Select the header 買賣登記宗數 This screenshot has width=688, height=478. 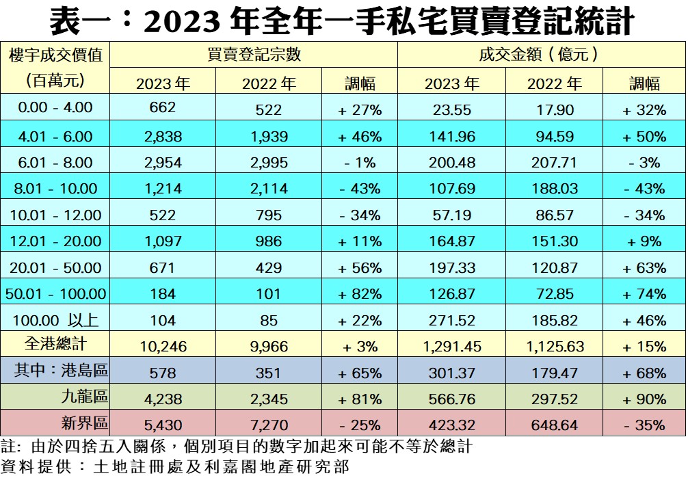pos(254,55)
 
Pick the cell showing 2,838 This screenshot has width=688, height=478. pos(162,136)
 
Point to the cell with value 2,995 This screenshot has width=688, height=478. pos(269,163)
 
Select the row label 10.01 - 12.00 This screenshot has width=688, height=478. pos(55,215)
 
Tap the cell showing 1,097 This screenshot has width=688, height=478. pos(162,241)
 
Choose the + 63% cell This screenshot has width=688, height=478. pos(644,268)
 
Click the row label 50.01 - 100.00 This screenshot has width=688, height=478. pos(55,294)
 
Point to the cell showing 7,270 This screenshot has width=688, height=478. pos(269,425)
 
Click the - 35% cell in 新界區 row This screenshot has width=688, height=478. pos(644,425)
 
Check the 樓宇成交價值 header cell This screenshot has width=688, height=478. pos(55,55)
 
